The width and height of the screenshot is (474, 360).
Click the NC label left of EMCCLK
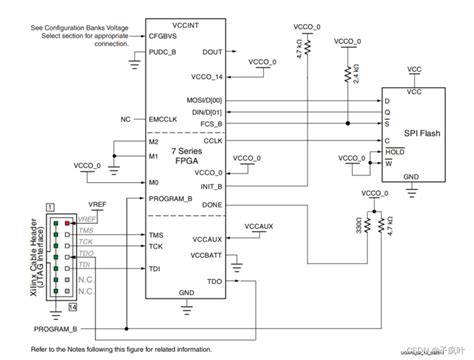coord(125,119)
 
